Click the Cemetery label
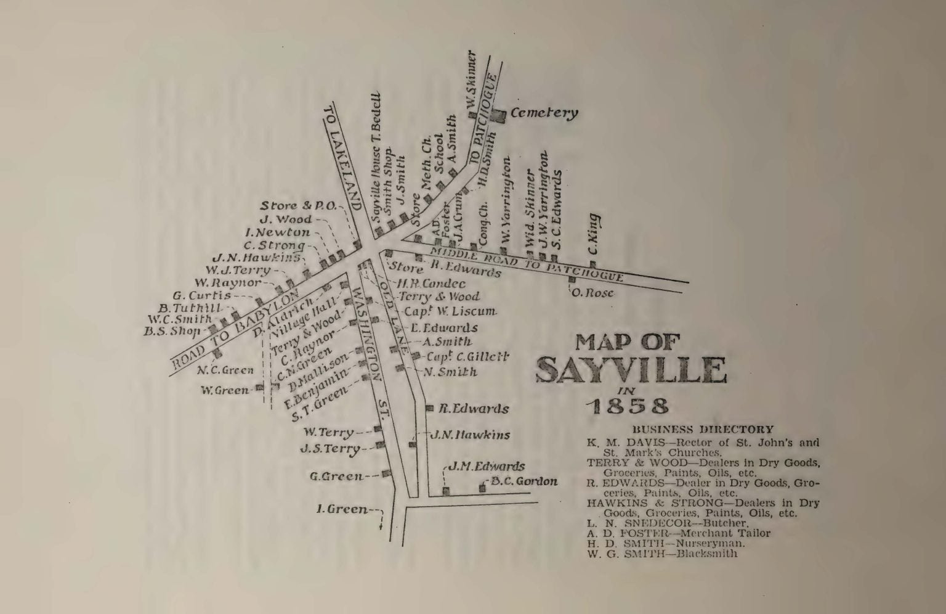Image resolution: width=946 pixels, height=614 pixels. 544,113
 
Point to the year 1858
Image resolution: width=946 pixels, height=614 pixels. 628,407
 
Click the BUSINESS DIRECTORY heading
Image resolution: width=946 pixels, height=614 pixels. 703,430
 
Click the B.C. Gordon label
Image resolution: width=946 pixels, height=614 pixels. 524,481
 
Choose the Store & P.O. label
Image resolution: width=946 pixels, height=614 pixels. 299,206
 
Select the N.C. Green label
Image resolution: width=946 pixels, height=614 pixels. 225,370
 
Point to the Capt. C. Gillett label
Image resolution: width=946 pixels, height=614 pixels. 467,356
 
